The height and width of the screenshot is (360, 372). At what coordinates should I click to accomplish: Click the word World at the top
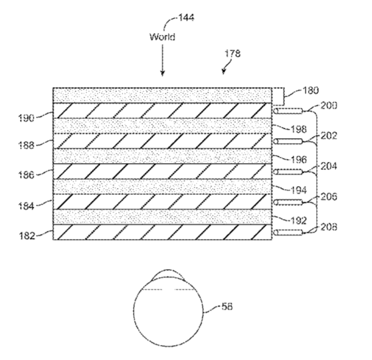(x=162, y=37)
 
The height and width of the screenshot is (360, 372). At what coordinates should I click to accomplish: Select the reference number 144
(x=186, y=17)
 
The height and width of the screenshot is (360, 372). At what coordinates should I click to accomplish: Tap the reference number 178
(x=233, y=54)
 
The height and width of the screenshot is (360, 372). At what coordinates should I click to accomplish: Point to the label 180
(x=310, y=90)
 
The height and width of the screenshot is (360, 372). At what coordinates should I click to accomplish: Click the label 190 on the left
(x=26, y=118)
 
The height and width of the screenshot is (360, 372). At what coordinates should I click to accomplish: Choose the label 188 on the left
(x=26, y=145)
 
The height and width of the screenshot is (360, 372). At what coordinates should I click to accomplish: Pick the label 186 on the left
(x=26, y=175)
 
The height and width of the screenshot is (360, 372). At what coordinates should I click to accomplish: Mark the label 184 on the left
(x=26, y=206)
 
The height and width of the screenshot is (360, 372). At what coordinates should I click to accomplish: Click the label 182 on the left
(x=27, y=236)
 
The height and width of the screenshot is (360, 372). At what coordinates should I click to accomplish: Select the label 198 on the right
(x=299, y=129)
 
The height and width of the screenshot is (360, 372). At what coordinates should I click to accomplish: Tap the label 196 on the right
(x=299, y=159)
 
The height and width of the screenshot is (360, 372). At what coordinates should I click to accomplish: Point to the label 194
(x=299, y=190)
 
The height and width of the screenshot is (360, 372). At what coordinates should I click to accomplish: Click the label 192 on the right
(x=299, y=220)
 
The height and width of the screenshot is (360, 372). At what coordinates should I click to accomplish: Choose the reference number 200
(x=329, y=106)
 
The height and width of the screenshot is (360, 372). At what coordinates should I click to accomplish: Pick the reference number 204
(x=329, y=166)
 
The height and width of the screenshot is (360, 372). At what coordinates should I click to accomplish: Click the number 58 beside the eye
(x=227, y=306)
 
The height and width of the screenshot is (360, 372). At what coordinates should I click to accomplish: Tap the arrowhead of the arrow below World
(x=162, y=73)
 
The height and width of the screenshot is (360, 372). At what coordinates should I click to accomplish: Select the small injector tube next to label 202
(x=288, y=141)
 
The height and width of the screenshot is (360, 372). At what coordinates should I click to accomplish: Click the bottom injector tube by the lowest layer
(x=288, y=232)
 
